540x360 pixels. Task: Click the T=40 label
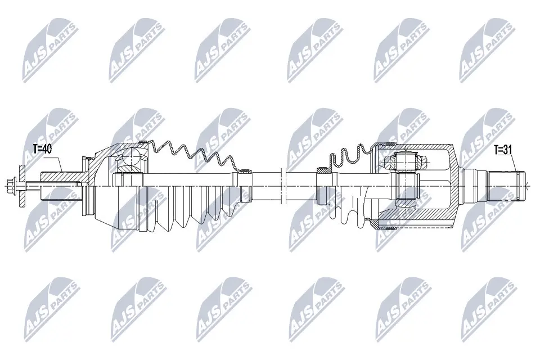[x=42, y=148]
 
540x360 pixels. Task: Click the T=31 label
[x=504, y=150]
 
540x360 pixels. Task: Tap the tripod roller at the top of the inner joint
[x=406, y=161]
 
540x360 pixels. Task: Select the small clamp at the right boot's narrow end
[x=324, y=168]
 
